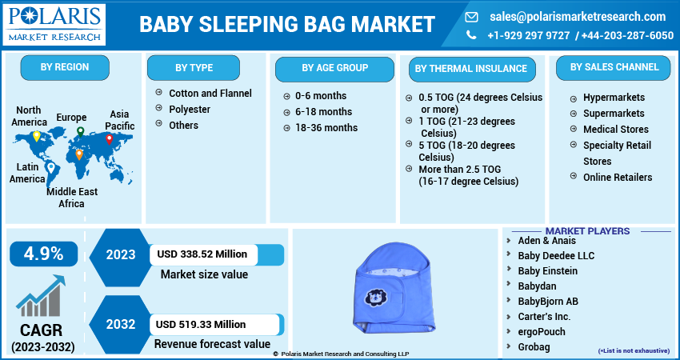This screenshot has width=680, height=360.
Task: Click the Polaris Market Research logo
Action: pyautogui.click(x=54, y=24)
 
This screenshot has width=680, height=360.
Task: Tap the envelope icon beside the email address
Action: pyautogui.click(x=471, y=17)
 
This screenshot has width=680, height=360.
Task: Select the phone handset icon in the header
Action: pyautogui.click(x=471, y=35)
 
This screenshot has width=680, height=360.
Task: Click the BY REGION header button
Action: pyautogui.click(x=65, y=67)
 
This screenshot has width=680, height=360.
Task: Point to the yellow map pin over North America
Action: pyautogui.click(x=37, y=136)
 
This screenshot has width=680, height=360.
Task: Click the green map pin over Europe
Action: pyautogui.click(x=80, y=132)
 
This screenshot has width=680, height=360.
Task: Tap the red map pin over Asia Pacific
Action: pyautogui.click(x=110, y=139)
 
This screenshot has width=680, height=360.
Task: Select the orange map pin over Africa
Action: pyautogui.click(x=79, y=154)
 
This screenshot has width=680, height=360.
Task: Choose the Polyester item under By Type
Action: pyautogui.click(x=190, y=110)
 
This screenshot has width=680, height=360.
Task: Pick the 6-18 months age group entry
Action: pyautogui.click(x=323, y=112)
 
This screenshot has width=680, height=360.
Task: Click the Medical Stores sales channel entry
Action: pyautogui.click(x=616, y=130)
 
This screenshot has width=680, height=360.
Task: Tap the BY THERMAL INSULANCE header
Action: pyautogui.click(x=471, y=69)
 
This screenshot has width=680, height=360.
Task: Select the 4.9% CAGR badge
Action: pyautogui.click(x=43, y=254)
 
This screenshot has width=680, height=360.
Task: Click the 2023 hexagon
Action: pyautogui.click(x=121, y=254)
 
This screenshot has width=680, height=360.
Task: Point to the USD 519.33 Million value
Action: pyautogui.click(x=200, y=325)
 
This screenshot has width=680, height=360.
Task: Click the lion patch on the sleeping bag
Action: pyautogui.click(x=375, y=298)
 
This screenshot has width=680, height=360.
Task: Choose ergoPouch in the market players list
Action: pyautogui.click(x=542, y=332)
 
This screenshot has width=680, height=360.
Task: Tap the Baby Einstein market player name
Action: pyautogui.click(x=548, y=271)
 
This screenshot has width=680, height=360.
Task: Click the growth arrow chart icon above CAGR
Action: pyautogui.click(x=41, y=295)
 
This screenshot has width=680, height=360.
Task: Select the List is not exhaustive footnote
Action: pyautogui.click(x=634, y=350)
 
